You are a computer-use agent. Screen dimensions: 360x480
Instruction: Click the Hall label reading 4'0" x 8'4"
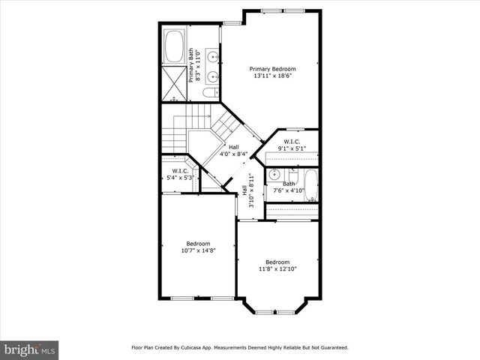(x=233, y=151)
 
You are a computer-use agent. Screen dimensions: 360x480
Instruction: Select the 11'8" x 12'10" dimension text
(x=277, y=268)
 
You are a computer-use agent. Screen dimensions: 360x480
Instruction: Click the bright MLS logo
(x=29, y=349)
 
